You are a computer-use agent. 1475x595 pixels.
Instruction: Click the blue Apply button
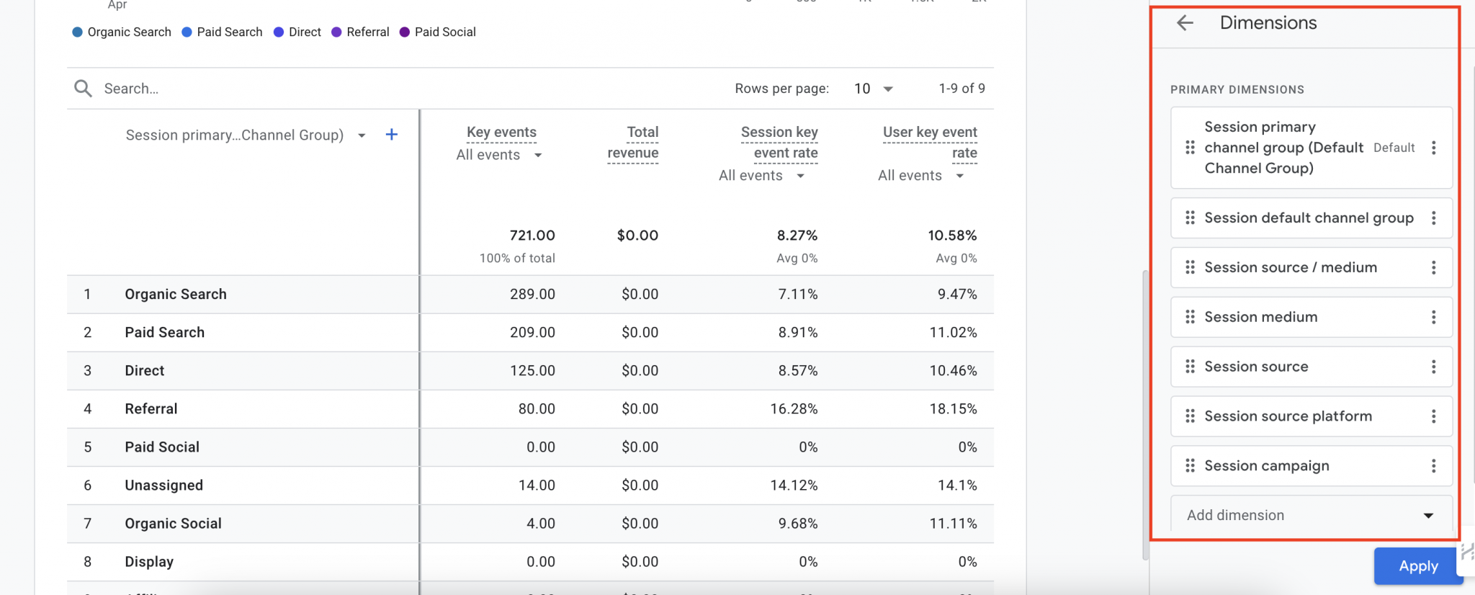tap(1417, 566)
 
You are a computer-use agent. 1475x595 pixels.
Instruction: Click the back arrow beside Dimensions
tap(1185, 23)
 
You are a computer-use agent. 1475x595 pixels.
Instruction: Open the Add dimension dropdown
tap(1310, 515)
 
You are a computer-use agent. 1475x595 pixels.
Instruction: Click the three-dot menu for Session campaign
tap(1433, 466)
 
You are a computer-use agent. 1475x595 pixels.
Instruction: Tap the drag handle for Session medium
tap(1190, 317)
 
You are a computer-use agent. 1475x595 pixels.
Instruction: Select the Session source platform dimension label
tap(1288, 416)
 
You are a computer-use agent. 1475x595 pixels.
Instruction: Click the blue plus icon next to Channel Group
tap(392, 135)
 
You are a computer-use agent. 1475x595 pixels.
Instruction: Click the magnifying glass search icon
tap(83, 89)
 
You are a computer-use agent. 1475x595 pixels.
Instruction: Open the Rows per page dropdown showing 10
tap(874, 89)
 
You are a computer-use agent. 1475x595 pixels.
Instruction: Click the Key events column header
tap(501, 132)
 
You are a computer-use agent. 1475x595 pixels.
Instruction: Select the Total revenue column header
tap(633, 142)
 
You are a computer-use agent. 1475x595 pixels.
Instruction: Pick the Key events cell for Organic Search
tap(532, 294)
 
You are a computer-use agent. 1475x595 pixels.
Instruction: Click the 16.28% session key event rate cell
tap(794, 408)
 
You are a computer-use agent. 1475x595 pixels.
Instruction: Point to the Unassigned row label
tap(163, 485)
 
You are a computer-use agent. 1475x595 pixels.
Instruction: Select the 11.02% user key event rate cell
tap(953, 332)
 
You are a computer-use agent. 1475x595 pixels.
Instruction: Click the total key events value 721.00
tap(532, 235)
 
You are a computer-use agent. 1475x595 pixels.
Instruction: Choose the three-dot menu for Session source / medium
tap(1433, 267)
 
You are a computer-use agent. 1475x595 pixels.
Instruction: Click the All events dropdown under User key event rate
tap(920, 176)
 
